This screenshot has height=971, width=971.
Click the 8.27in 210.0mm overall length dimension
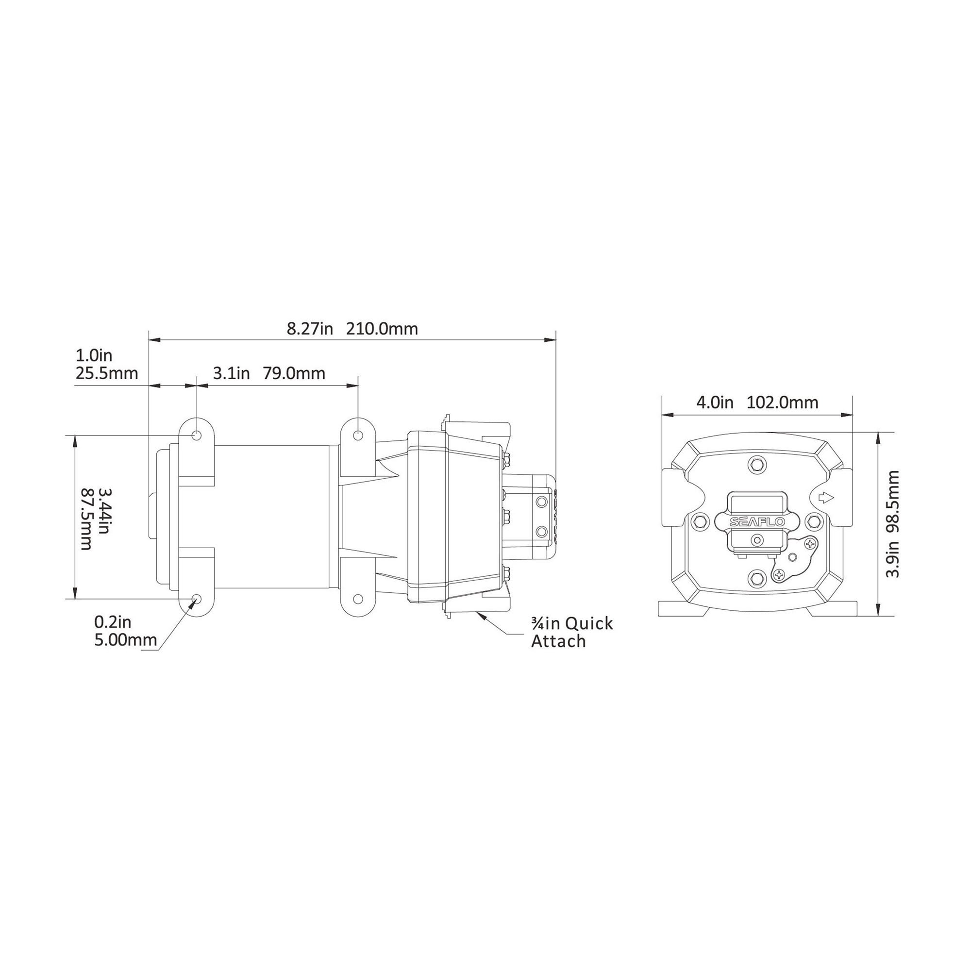pos(352,329)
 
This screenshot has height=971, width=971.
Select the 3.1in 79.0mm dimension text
pos(269,373)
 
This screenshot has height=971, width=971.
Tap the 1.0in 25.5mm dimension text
pos(106,365)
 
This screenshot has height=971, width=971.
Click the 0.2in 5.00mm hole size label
pos(125,631)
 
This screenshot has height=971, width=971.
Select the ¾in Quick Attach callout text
pos(572,632)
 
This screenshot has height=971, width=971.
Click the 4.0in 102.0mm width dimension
pos(757,402)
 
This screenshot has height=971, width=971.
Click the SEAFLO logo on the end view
pos(757,522)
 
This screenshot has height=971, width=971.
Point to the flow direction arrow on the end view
pos(826,498)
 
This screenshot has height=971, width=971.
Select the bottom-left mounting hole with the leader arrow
pos(197,599)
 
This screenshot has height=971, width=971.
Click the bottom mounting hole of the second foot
pos(358,599)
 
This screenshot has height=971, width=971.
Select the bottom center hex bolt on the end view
pos(757,580)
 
